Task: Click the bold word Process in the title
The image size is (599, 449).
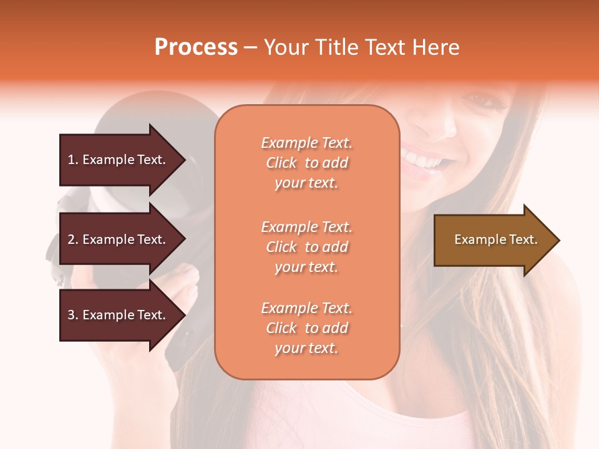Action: click(196, 47)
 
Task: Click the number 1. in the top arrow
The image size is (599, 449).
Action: click(73, 160)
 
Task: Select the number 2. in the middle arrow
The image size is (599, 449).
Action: click(73, 239)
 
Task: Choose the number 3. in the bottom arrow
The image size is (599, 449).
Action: click(73, 315)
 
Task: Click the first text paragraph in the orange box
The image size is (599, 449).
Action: click(306, 163)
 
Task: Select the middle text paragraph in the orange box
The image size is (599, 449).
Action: click(306, 247)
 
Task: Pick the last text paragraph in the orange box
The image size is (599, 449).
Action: click(306, 328)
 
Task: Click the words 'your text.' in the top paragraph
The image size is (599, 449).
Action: click(306, 183)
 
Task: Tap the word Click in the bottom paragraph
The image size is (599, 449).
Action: click(281, 328)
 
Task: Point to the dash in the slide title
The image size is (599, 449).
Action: click(251, 48)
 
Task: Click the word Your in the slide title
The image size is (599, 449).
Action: click(287, 47)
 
